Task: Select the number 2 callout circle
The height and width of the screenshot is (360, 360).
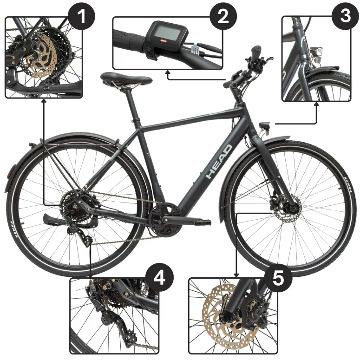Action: click(x=224, y=17)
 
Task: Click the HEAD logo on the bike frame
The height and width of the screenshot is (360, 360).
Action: click(x=219, y=162)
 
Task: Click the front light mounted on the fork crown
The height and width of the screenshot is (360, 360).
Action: click(x=266, y=126)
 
